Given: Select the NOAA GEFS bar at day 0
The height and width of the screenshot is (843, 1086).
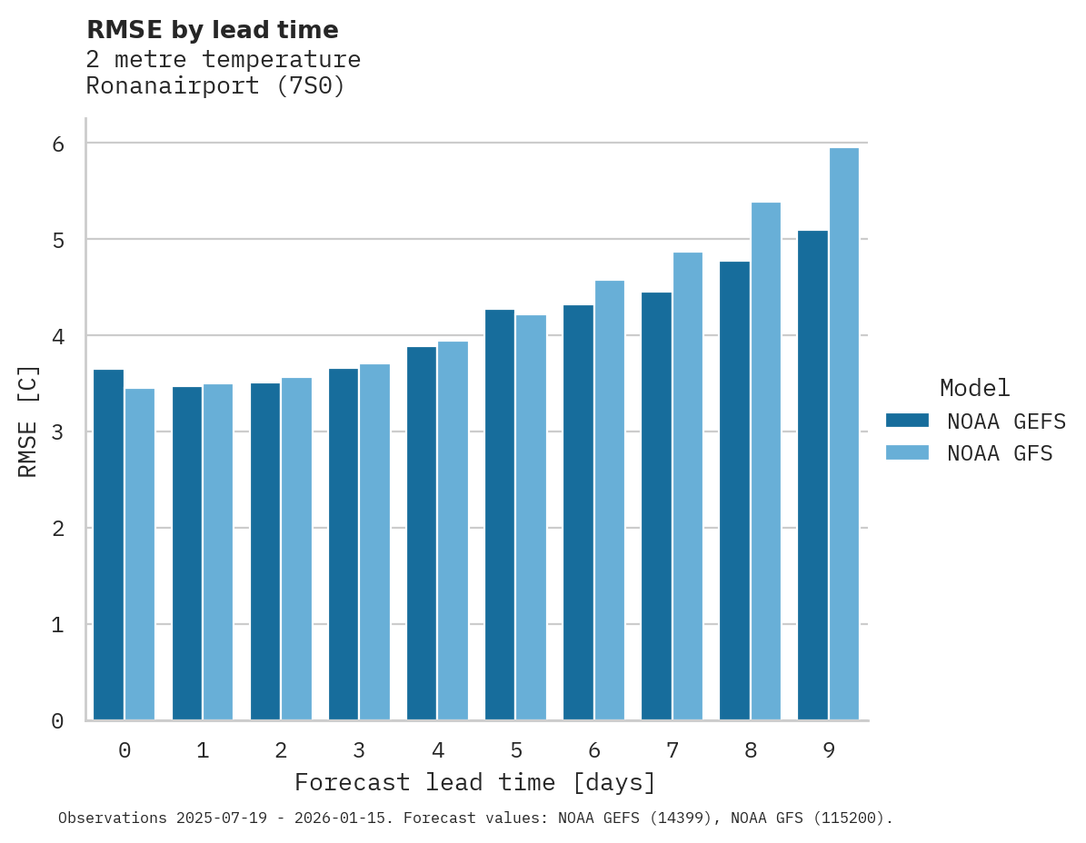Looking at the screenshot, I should pyautogui.click(x=109, y=545).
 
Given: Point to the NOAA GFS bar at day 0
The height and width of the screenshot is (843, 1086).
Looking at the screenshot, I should pyautogui.click(x=140, y=554).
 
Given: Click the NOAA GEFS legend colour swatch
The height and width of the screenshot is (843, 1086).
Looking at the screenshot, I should pyautogui.click(x=907, y=421).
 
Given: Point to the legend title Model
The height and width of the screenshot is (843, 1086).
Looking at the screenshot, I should pyautogui.click(x=975, y=389).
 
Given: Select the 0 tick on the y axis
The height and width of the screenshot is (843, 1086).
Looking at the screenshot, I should pyautogui.click(x=56, y=721).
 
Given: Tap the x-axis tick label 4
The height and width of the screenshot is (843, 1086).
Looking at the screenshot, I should pyautogui.click(x=438, y=751).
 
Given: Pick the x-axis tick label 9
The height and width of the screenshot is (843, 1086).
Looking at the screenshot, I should pyautogui.click(x=829, y=751).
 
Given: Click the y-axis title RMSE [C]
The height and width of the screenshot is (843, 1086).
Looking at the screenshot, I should pyautogui.click(x=28, y=421).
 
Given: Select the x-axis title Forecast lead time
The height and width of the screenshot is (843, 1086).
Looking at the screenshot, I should pyautogui.click(x=474, y=783).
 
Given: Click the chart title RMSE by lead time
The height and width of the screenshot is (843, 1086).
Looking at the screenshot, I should pyautogui.click(x=213, y=30).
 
